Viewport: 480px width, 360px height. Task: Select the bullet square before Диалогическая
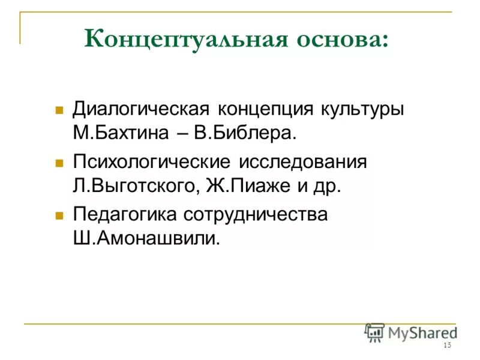click(x=59, y=111)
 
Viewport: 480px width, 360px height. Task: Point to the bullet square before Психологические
click(x=59, y=163)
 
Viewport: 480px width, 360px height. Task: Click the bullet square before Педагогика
click(x=59, y=214)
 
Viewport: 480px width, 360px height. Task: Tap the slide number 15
click(x=447, y=346)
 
